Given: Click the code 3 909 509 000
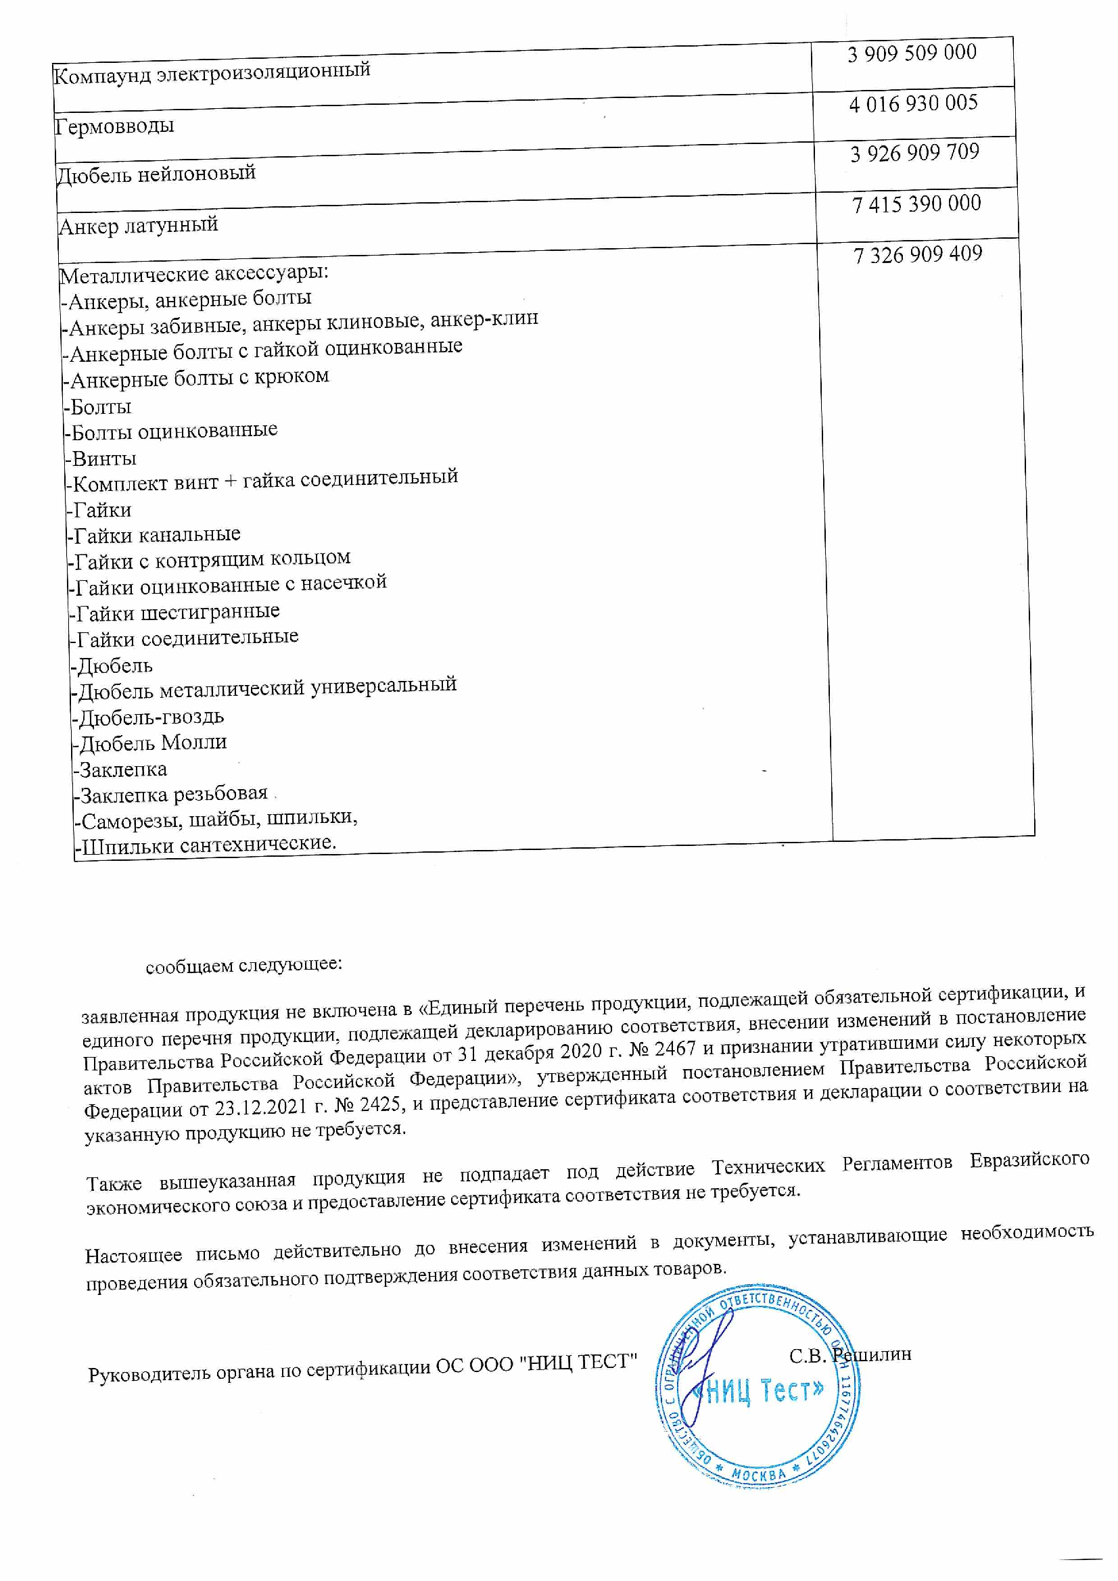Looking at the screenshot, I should (912, 53).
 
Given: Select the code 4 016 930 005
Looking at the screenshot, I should (914, 104).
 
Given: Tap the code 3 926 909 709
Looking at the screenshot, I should (915, 153).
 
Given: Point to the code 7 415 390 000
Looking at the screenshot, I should (916, 204).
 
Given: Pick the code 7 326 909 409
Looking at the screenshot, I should (918, 255).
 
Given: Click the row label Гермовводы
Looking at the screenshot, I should (114, 126).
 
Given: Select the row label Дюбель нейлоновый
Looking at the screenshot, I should (156, 174).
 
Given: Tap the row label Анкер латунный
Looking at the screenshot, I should (139, 225).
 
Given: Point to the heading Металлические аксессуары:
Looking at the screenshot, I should (194, 274).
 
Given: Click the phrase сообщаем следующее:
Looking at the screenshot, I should (244, 965).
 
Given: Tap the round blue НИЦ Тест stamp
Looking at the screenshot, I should (757, 1389).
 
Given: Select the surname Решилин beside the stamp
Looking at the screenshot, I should (871, 1354).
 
